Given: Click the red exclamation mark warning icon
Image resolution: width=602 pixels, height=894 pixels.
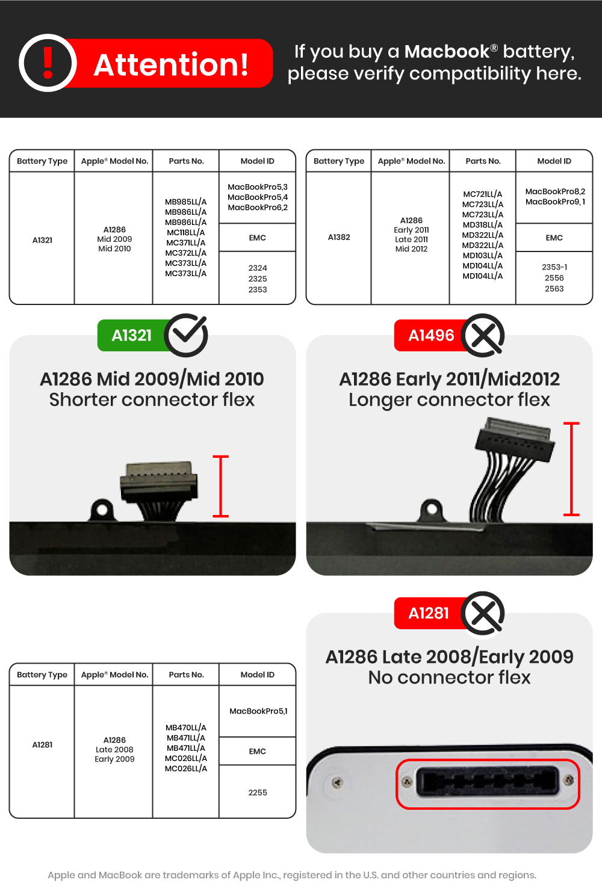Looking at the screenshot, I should coord(48,63).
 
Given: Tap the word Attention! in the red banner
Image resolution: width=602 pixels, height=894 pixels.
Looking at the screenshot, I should coord(171,64).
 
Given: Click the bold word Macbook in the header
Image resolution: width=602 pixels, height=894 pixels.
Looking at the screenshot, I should coord(447,52).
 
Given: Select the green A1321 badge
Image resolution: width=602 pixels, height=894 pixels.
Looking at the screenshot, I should coord(132,335).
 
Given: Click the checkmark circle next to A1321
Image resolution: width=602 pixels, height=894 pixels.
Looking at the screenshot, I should coord(186,335).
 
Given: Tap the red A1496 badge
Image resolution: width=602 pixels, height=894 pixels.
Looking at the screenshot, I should coord(431,335).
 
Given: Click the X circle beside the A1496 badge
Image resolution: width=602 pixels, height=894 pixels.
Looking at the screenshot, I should coord(483,335).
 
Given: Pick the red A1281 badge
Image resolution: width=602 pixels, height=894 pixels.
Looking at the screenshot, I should coord(429,613).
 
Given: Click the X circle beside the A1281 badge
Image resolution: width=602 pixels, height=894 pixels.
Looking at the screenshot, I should coord(483,614).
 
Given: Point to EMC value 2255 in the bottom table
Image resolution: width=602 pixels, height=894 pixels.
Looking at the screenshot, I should coord(258,792).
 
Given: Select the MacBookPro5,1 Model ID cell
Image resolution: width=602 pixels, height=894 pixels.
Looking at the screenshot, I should coord(258,711).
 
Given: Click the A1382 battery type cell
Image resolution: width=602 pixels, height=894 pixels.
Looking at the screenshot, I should coord(339,237).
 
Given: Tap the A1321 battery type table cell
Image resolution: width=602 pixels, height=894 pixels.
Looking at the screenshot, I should coord(42,240).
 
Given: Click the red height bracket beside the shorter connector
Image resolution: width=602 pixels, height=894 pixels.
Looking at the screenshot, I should coord(221,486).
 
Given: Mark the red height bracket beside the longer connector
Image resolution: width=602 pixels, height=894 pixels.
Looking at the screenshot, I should coord(571,469).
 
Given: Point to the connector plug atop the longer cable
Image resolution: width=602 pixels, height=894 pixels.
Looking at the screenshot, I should coord(514,442).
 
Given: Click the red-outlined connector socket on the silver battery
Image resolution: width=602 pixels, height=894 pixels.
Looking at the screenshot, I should coord(487,783).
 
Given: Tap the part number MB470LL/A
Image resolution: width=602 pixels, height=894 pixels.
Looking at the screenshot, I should coord(186,727).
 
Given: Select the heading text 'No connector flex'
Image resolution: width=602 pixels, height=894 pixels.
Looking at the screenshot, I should coord(449,677).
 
